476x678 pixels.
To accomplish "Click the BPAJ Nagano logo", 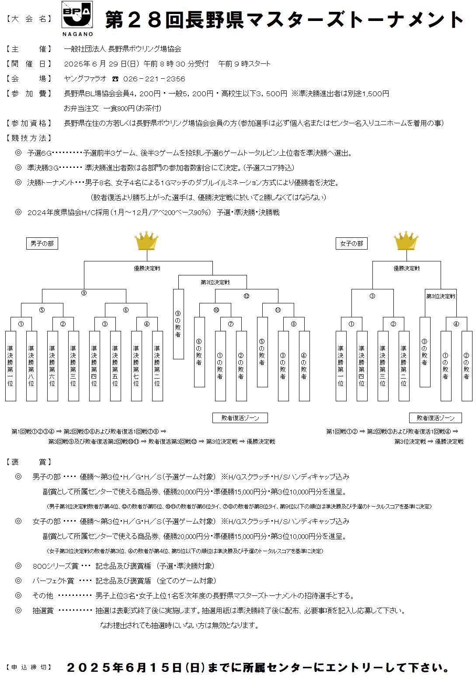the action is pos(77,18).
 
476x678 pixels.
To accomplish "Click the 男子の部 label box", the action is pos(42,243).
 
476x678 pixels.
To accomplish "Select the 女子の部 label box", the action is pos(351,243).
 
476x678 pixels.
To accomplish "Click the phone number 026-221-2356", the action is pos(154,79).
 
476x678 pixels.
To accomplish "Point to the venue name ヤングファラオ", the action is pos(85,79).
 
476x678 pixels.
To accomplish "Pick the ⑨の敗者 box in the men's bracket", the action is pos(178,324).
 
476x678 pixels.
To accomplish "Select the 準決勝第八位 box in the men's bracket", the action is pos(31,366).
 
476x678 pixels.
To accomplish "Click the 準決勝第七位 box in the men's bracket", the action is pos(136,366).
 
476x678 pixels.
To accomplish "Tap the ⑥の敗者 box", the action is pos(199,352).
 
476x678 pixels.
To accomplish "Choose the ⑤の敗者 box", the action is pos(262,352).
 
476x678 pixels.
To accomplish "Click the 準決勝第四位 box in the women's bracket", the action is pos(362,366).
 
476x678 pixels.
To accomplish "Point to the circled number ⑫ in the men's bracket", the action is pos(247,296).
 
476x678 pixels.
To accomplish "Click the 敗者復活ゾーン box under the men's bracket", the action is pos(240,418).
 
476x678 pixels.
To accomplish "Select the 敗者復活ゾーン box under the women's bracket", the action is pos(435,418).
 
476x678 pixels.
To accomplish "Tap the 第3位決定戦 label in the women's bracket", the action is pos(441,296).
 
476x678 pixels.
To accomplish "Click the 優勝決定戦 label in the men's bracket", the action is pos(147,268).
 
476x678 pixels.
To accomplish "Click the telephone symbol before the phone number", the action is pos(115,79).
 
